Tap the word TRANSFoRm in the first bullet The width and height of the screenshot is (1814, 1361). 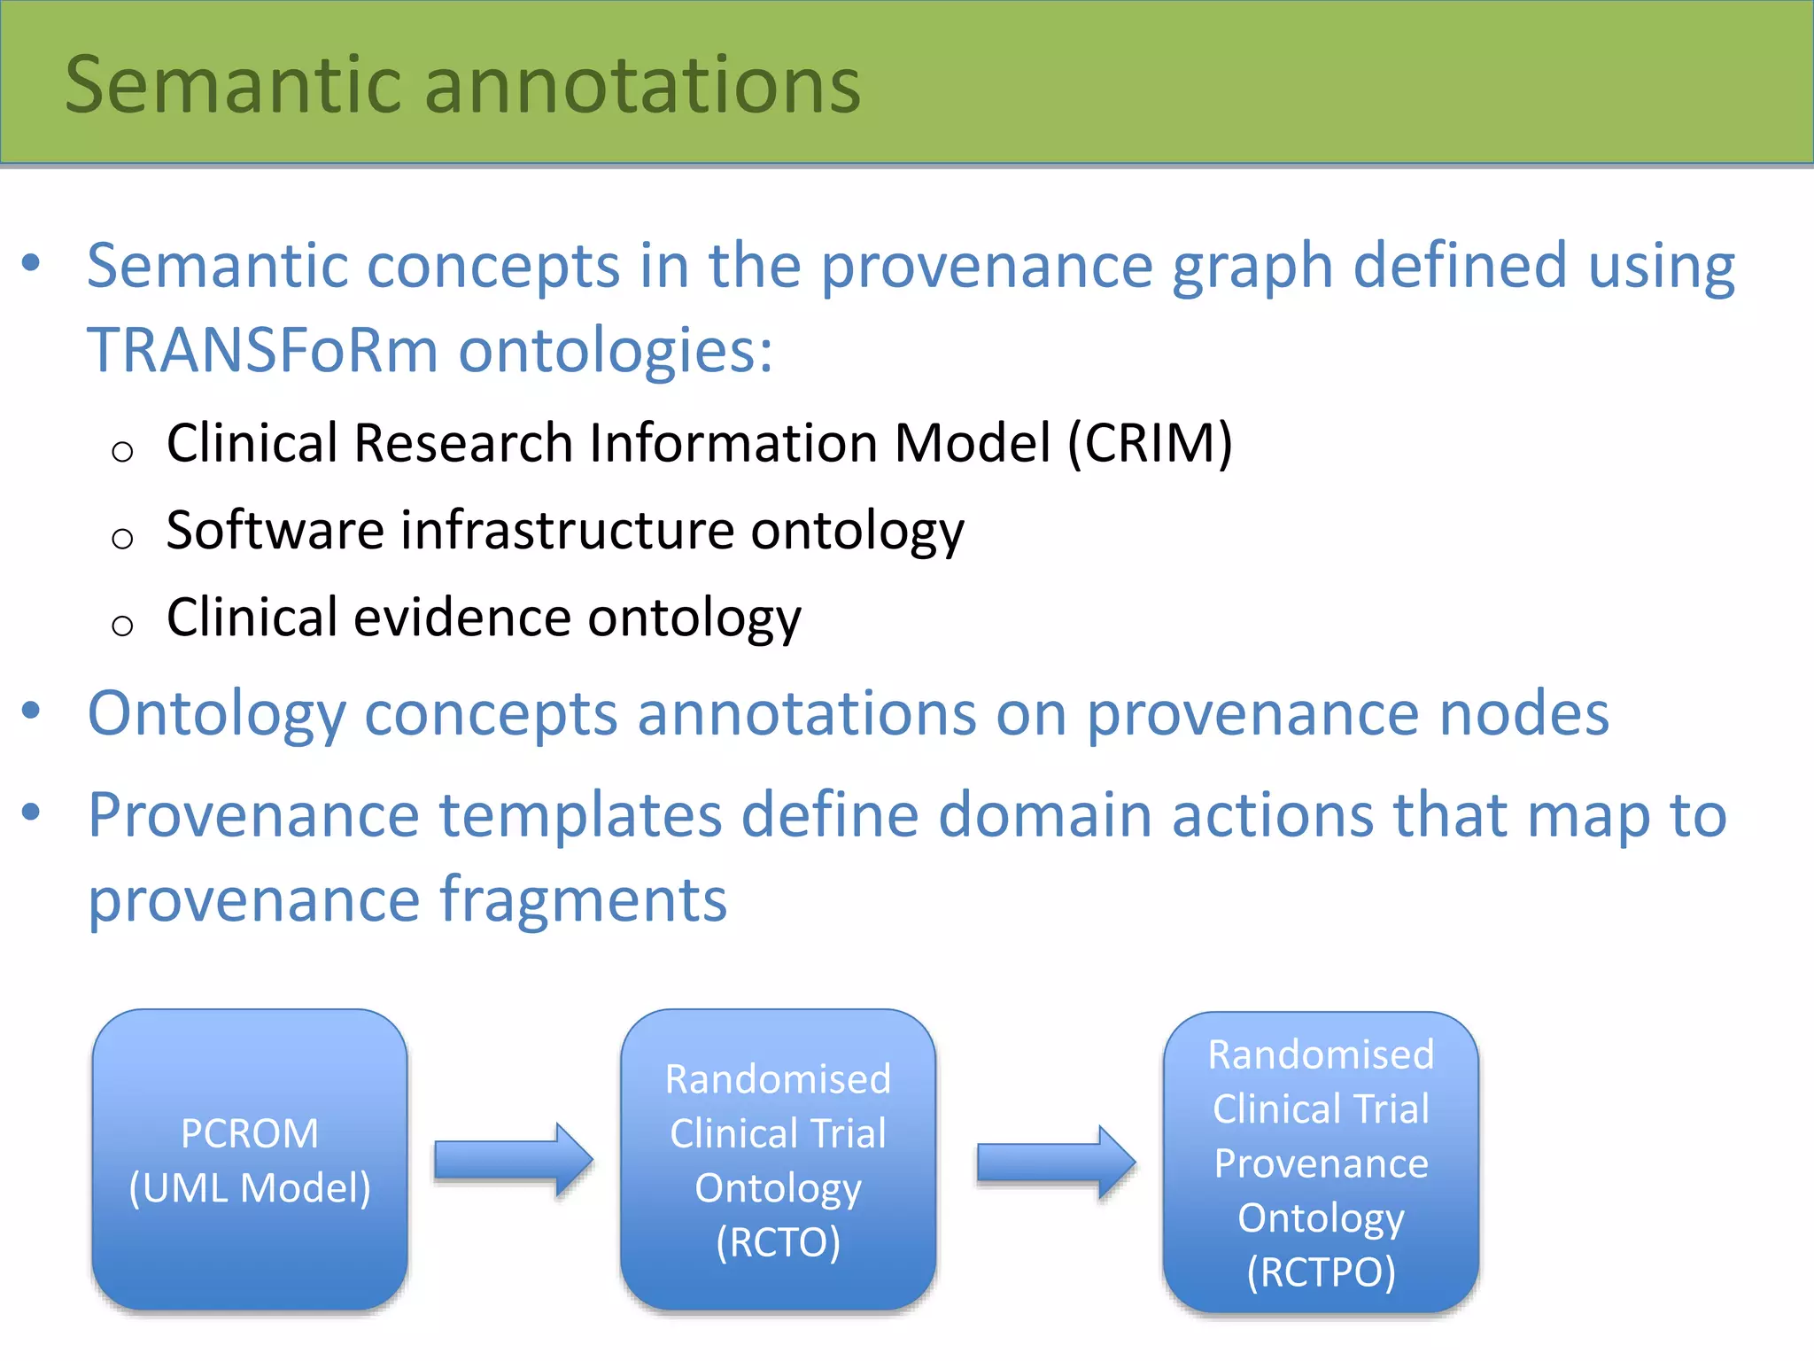point(262,350)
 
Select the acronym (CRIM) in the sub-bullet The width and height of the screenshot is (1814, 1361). point(1149,443)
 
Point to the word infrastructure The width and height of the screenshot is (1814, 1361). point(567,531)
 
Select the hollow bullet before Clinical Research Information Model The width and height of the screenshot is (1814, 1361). point(122,452)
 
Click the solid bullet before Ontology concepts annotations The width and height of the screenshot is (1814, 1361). point(31,711)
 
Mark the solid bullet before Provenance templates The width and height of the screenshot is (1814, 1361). point(31,812)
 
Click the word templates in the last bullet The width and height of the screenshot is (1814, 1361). point(580,815)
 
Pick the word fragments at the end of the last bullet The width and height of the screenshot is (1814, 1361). point(583,899)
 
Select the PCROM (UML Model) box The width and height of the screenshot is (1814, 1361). point(250,1159)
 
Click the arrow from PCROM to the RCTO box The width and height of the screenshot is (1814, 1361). point(513,1160)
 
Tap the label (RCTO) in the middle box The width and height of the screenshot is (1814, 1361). point(778,1242)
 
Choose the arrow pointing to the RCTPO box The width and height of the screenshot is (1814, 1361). point(1055,1162)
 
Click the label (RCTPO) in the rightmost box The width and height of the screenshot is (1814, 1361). point(1320,1272)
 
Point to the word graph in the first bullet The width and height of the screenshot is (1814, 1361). point(1252,266)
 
